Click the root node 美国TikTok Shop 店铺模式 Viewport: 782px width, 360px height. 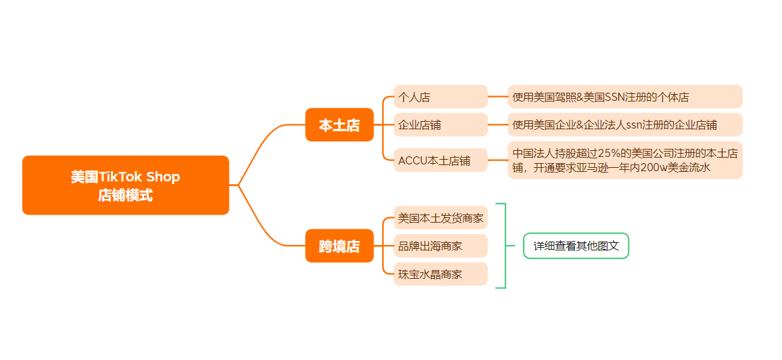coord(125,185)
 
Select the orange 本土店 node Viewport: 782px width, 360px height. coord(339,125)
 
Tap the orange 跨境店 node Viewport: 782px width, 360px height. coord(339,246)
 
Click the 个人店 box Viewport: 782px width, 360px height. coord(440,97)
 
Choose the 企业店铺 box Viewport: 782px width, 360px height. coord(440,125)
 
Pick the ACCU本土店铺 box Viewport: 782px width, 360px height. coord(440,160)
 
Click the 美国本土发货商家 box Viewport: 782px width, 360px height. coord(440,218)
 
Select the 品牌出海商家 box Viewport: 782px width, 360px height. coord(440,246)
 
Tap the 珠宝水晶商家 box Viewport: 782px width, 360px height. coord(440,274)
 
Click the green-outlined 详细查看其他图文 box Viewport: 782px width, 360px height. coord(576,246)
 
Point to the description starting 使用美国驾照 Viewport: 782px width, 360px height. coord(624,97)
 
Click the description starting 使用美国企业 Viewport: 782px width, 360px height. coord(624,125)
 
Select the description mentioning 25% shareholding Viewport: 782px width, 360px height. coord(624,160)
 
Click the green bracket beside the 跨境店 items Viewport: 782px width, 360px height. coord(505,246)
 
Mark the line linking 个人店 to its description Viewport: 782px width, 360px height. coord(498,97)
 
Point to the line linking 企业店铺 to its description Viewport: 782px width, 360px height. coord(498,125)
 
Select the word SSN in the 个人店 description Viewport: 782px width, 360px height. coord(618,97)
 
